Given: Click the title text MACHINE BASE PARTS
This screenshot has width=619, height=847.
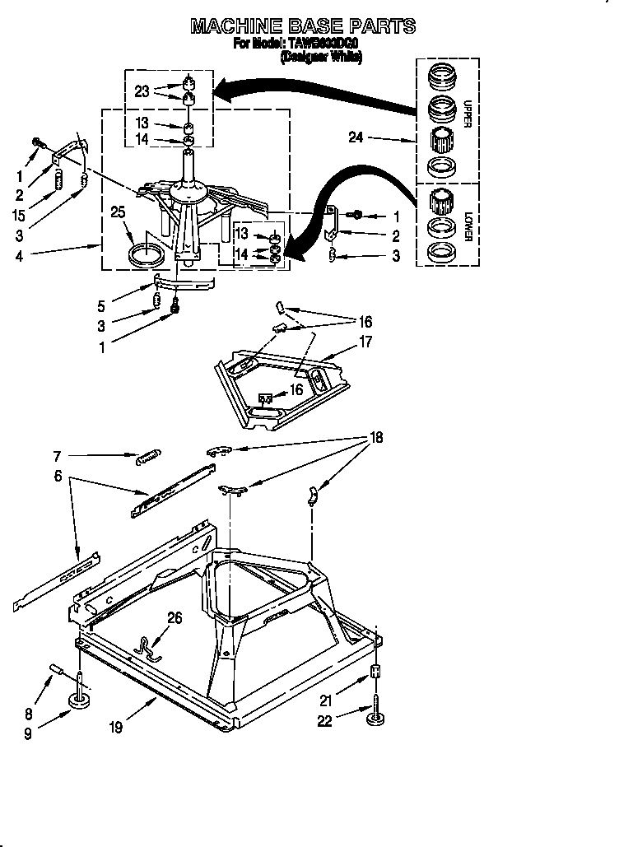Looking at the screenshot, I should coord(302,27).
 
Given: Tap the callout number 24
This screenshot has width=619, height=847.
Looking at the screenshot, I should coord(355,138).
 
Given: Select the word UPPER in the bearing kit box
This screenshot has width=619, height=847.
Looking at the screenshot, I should coord(467,114).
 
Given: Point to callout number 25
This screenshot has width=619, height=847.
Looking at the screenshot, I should coord(119,212).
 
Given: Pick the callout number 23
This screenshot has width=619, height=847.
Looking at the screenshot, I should coord(142,92).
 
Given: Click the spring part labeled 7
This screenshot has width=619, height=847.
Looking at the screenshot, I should coord(147,455).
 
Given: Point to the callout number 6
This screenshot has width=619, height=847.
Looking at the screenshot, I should coord(57,476).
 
